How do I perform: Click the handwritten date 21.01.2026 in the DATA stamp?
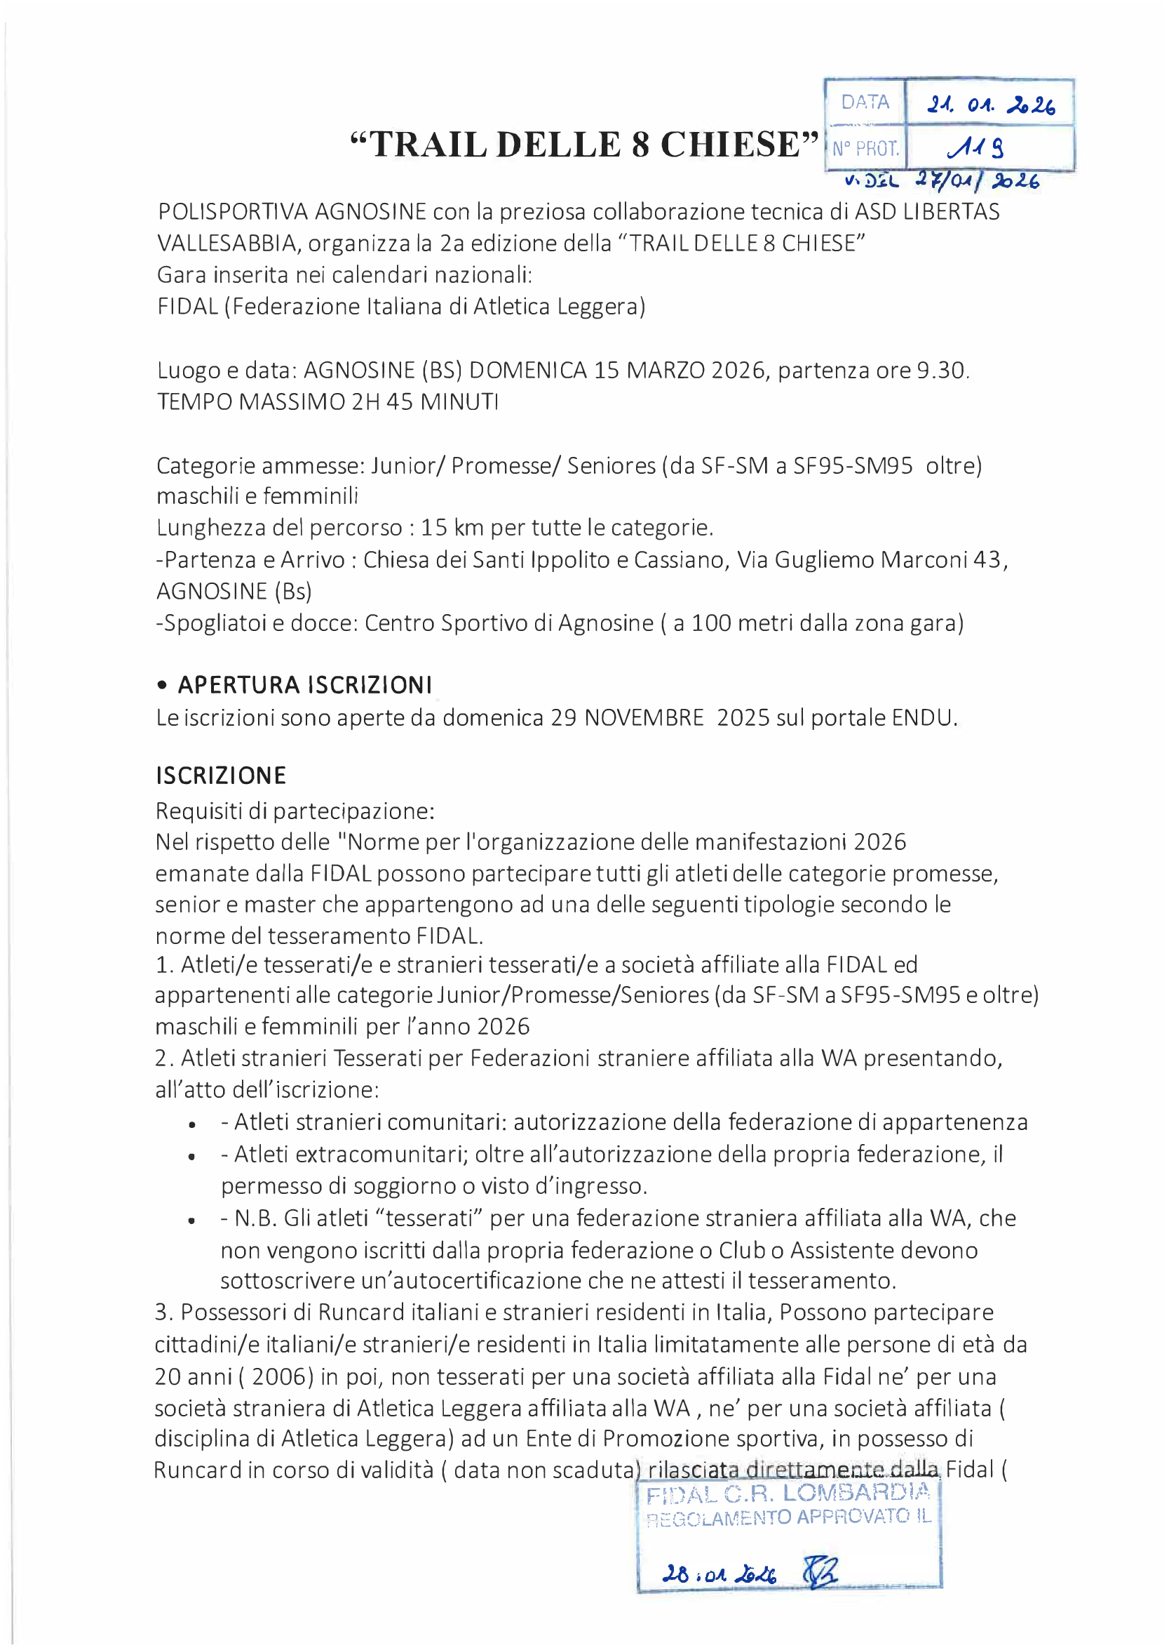tap(990, 105)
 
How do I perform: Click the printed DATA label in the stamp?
tap(865, 102)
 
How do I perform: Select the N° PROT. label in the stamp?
tap(865, 149)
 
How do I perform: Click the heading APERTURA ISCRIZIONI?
tap(304, 685)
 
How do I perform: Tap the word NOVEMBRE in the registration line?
tap(644, 718)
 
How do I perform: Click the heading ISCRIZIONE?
tap(221, 776)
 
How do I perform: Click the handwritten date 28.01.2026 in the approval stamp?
tap(718, 1574)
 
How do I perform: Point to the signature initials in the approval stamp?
tap(819, 1571)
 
